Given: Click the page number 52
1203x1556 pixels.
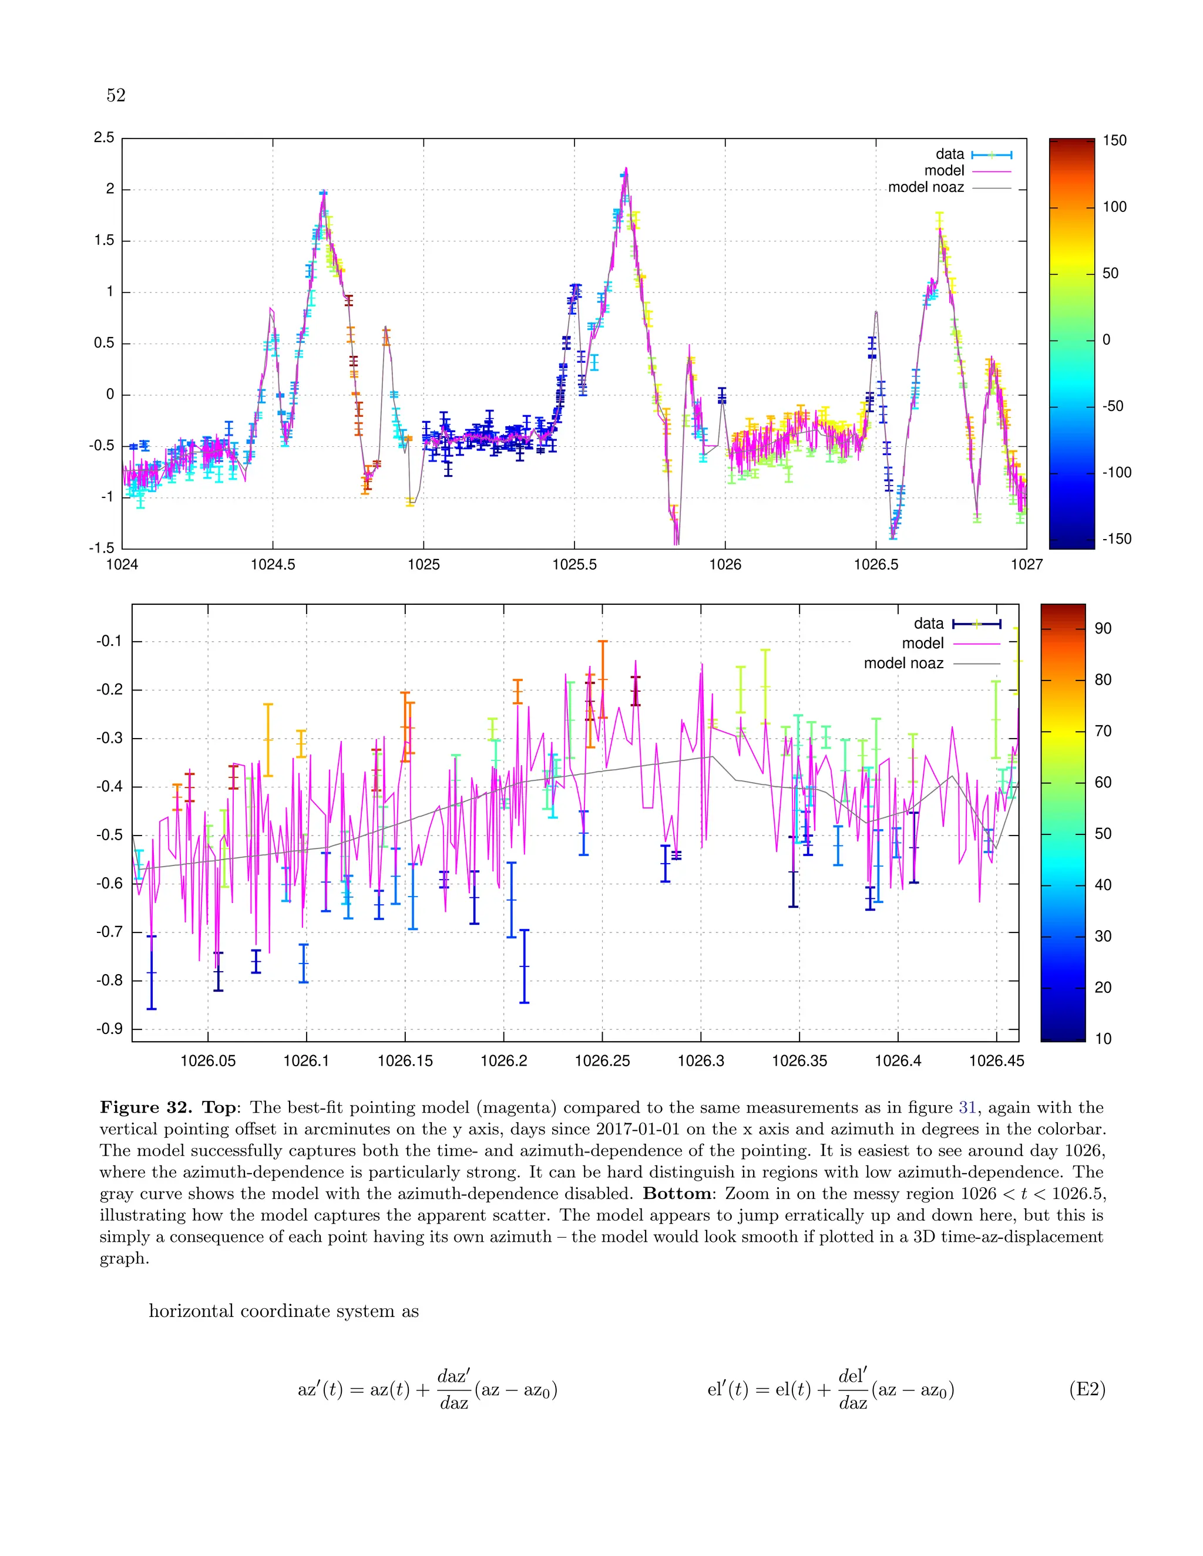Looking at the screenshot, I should [116, 96].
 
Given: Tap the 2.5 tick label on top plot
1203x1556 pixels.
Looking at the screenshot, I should [104, 137].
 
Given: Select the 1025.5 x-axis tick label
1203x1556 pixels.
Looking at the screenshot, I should [574, 565].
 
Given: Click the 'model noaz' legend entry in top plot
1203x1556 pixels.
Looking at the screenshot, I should [926, 187].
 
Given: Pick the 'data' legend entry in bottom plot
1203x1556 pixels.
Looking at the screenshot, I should [929, 624].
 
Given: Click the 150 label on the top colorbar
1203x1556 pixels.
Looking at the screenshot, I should [1115, 140].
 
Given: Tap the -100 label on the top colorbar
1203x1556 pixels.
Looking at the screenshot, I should [1117, 472].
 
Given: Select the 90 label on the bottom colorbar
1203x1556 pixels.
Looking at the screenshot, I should [1103, 628].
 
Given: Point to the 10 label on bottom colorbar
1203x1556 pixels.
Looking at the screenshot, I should [1103, 1039].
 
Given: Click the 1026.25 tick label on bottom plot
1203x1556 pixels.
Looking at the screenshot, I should [602, 1061].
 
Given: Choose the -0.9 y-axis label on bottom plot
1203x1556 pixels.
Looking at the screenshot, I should [110, 1029].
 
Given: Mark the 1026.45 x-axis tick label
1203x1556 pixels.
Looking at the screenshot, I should [996, 1061].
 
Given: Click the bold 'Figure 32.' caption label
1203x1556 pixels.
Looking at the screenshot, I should [146, 1107].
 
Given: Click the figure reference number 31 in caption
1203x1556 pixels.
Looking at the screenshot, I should [967, 1107].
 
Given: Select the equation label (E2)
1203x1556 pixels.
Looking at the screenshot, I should [1087, 1389].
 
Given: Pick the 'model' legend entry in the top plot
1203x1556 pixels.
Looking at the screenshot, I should [945, 171].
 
